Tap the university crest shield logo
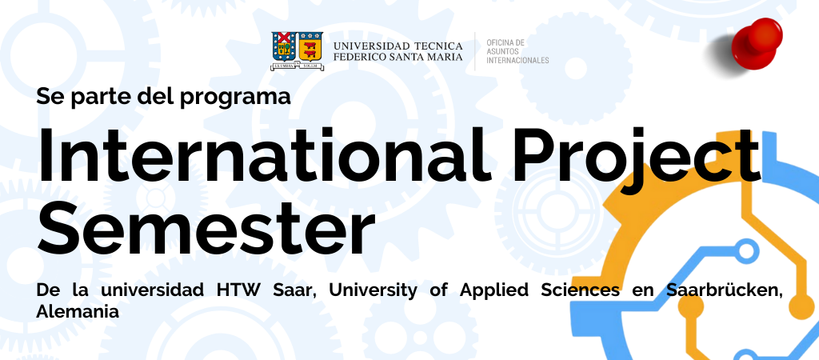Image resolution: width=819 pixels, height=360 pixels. (297, 50)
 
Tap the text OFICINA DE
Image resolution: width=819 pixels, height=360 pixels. (505, 42)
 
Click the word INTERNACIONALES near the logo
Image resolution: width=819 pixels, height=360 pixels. (517, 60)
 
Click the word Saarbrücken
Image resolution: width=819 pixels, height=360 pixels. (725, 290)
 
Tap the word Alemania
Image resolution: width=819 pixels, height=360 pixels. (78, 312)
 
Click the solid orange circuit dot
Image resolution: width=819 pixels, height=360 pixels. (801, 306)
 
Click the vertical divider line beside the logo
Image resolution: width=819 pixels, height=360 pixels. (475, 51)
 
